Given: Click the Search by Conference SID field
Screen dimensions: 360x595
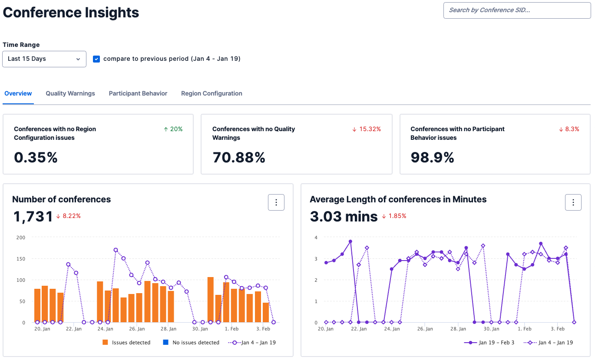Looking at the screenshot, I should point(517,10).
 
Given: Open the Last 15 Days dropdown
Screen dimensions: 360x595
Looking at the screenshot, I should point(44,59).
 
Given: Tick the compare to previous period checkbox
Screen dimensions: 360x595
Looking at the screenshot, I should point(96,59).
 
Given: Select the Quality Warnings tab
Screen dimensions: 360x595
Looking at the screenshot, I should point(70,93).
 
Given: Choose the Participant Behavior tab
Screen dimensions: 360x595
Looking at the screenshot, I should point(138,93).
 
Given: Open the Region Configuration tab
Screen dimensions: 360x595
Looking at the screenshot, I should point(212,93).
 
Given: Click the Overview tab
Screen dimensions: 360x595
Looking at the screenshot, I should point(18,93).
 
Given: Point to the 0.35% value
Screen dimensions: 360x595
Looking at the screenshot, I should point(36,157).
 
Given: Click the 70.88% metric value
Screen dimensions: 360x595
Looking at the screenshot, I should point(238,157).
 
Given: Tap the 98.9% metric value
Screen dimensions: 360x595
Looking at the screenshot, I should point(432,157).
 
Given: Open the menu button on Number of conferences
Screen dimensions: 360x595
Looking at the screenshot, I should point(276,202).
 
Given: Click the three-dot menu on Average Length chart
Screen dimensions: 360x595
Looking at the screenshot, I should point(573,202).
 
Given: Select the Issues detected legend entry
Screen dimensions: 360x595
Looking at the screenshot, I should point(126,343).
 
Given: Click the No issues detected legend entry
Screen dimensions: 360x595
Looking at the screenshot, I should point(191,343).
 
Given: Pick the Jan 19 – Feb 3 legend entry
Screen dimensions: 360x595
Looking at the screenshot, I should point(489,343).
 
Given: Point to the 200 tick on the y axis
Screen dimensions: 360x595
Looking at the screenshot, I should point(21,238).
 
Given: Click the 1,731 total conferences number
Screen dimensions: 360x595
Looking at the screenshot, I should point(33,216).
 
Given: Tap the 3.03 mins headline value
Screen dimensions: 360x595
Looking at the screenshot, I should point(344,216).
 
